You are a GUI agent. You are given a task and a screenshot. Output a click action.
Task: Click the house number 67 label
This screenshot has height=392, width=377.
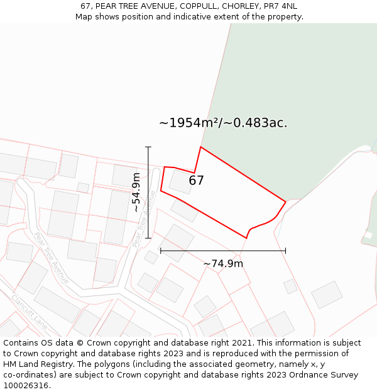196,181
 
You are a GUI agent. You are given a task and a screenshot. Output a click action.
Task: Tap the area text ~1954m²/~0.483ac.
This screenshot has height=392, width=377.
223,123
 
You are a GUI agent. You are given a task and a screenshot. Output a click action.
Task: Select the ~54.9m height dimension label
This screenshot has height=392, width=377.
136,193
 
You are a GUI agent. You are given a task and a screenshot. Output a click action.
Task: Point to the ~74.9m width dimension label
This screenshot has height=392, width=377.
223,264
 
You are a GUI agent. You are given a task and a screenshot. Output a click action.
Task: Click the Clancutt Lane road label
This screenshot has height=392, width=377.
30,312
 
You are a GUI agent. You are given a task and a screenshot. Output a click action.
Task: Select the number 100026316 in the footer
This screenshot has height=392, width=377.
26,386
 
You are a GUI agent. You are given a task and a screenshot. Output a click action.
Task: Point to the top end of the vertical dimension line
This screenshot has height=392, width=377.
149,147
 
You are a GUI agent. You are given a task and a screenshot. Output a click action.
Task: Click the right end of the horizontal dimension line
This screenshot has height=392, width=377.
286,250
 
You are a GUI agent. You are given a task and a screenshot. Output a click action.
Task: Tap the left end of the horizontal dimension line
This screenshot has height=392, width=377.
161,250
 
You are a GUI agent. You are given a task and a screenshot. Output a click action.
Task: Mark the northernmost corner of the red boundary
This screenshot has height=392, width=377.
200,147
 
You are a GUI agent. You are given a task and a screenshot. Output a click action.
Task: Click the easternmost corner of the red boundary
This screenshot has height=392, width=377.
286,202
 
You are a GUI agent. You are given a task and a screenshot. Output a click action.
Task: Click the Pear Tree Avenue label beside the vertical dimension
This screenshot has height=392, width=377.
144,218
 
